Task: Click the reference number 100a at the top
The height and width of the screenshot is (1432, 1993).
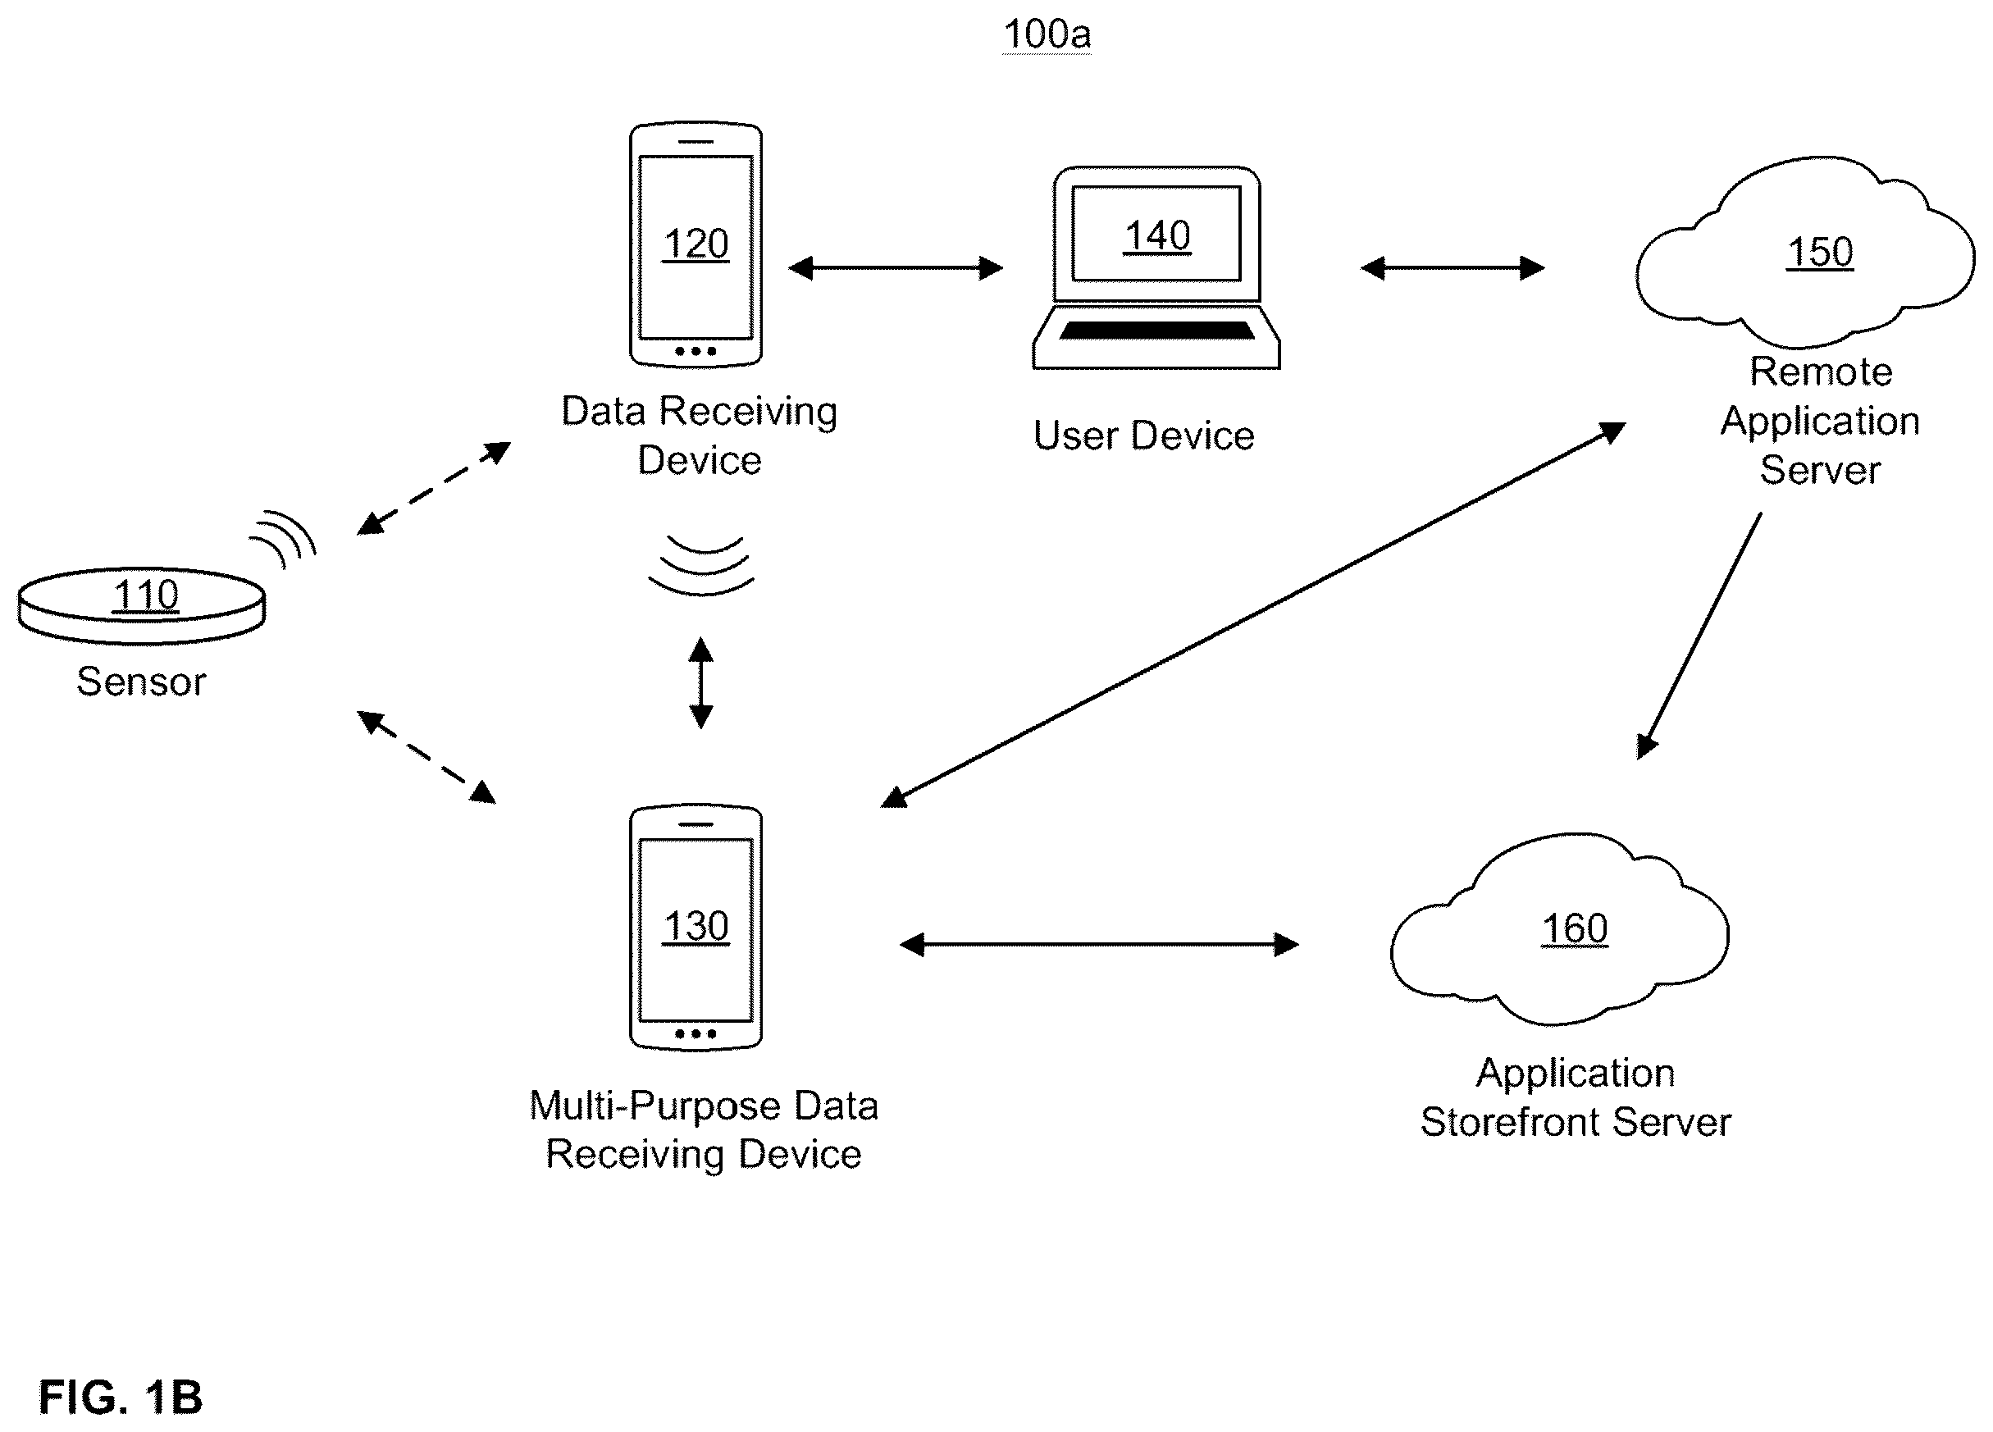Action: [x=1047, y=35]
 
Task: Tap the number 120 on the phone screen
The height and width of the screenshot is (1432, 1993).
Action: [x=695, y=244]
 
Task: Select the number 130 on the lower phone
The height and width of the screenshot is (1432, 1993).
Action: [x=695, y=926]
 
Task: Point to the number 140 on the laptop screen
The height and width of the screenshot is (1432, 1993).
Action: [x=1157, y=235]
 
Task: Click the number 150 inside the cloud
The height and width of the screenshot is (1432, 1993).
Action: [x=1820, y=252]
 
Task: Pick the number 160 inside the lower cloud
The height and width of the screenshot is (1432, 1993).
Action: [x=1575, y=928]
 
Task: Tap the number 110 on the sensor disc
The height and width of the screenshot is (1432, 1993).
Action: [x=146, y=595]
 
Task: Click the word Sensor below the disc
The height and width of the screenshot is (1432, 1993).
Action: [x=141, y=682]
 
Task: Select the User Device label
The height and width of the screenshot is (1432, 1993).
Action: [x=1144, y=436]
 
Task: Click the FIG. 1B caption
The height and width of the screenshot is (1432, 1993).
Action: [x=121, y=1398]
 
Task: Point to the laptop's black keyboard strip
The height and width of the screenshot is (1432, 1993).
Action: [x=1156, y=331]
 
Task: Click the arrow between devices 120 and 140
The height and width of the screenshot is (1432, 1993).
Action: [x=896, y=268]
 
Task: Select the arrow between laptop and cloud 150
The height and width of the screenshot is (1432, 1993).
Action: [x=1452, y=268]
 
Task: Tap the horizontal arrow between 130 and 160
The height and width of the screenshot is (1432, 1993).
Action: [x=1099, y=945]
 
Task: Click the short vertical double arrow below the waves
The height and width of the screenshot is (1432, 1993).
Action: [x=700, y=682]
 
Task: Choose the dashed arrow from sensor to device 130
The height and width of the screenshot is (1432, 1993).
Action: [x=426, y=756]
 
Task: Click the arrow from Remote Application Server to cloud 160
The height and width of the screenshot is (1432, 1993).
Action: [x=1699, y=636]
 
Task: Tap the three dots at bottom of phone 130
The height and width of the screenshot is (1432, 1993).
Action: [x=695, y=1034]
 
